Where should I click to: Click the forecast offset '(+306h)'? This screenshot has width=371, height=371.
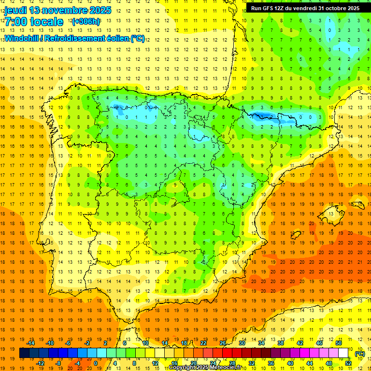(86, 22)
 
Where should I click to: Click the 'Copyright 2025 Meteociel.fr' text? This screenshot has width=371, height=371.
(205, 368)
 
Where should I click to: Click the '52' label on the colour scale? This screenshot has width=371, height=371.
(348, 363)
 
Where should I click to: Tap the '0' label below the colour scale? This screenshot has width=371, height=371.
(95, 363)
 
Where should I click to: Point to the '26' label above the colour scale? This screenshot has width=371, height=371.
(223, 343)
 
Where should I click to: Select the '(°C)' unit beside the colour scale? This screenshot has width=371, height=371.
(359, 354)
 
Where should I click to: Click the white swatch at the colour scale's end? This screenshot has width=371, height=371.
(343, 353)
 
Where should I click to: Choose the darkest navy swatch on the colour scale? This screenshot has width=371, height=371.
(24, 353)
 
